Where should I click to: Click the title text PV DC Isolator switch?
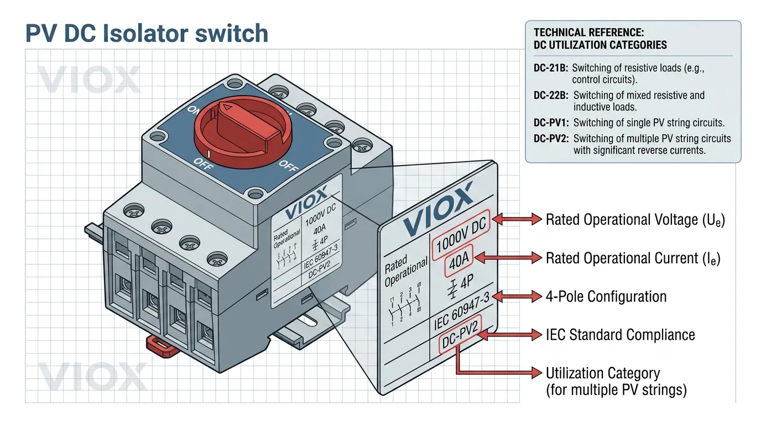[x=147, y=34]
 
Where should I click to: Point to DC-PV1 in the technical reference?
[x=551, y=123]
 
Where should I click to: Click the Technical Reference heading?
[x=600, y=39]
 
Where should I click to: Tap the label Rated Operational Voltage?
[x=635, y=220]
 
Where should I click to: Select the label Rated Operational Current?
[x=633, y=258]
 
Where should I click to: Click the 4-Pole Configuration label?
[x=606, y=297]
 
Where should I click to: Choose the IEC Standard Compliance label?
[x=620, y=335]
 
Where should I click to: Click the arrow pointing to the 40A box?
[x=507, y=258]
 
